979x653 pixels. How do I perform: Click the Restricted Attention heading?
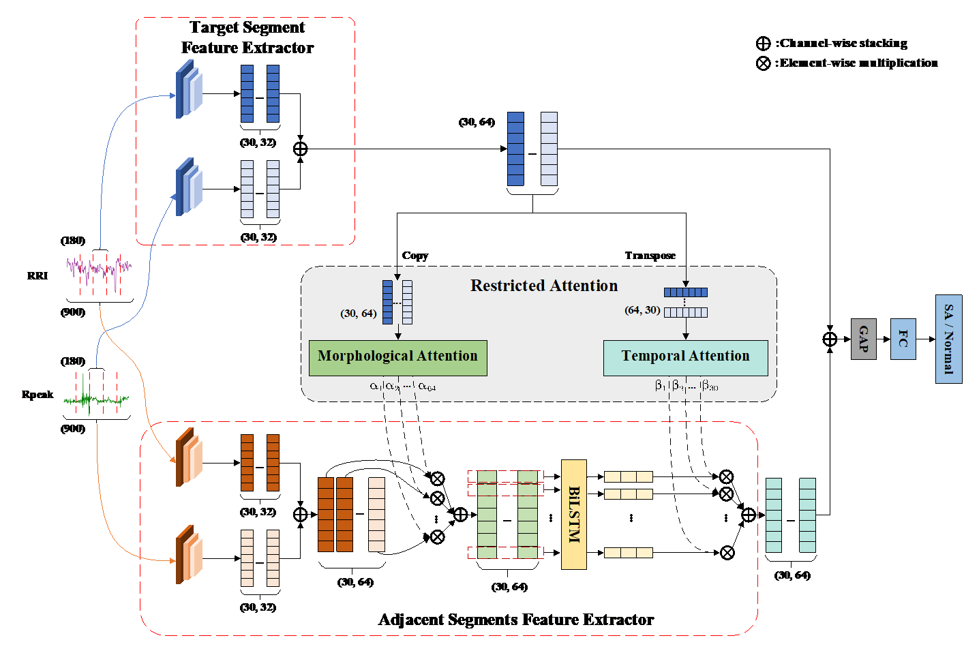[x=543, y=286]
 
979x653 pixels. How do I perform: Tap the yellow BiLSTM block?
[x=573, y=514]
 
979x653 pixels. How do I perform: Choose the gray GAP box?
[x=863, y=339]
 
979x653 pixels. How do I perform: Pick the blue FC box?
[x=903, y=339]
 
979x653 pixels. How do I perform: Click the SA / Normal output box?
[x=948, y=339]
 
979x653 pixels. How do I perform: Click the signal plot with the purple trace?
[x=100, y=275]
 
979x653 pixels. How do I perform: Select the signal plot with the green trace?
[x=97, y=395]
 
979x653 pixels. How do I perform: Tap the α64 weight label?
[x=427, y=386]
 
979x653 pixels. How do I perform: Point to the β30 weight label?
[x=710, y=386]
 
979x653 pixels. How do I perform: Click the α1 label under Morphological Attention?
[x=375, y=386]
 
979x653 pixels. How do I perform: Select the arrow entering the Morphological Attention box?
[x=398, y=333]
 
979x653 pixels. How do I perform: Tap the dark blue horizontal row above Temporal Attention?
[x=685, y=292]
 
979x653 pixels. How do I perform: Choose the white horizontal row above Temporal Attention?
[x=685, y=312]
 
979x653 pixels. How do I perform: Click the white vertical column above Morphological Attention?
[x=407, y=302]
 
